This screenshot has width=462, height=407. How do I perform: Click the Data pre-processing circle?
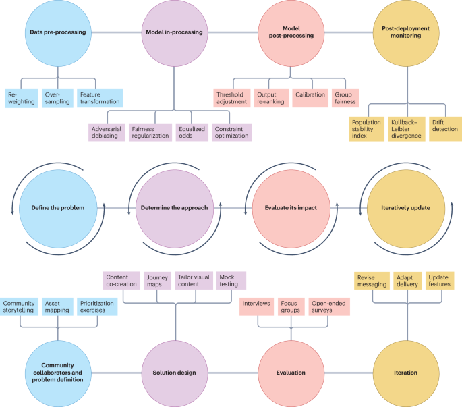[57, 32]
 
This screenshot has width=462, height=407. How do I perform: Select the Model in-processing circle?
[173, 32]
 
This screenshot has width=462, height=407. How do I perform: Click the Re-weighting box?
[20, 98]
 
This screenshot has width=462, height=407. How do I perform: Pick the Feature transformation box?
[98, 98]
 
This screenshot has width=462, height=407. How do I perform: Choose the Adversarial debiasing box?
[107, 132]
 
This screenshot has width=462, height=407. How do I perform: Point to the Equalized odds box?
[190, 132]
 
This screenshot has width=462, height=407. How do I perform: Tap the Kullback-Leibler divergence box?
[405, 128]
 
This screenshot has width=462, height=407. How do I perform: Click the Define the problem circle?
[57, 208]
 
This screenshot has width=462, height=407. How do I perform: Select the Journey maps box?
[157, 280]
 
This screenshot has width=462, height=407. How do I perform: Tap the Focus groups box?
[289, 307]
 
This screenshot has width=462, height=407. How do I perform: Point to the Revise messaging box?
[372, 280]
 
